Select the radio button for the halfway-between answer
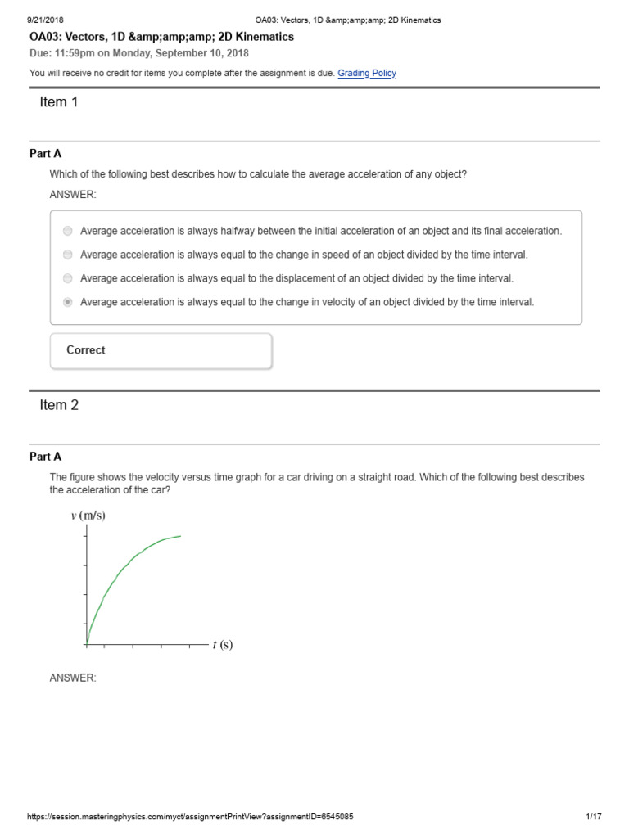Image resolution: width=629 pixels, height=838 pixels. coord(67,231)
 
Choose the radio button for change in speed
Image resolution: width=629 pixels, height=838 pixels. coord(67,255)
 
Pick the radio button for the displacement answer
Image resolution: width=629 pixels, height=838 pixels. coord(67,278)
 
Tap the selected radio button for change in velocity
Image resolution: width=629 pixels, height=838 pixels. coord(67,302)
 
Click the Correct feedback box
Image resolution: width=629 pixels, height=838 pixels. coord(161,350)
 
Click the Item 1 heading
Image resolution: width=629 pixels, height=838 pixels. coord(59,102)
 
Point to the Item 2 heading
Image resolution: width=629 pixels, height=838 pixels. coord(59,405)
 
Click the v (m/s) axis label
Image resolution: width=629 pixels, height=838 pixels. coord(88,516)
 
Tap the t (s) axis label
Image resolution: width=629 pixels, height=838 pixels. coord(223,645)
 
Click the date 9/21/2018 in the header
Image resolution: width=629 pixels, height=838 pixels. coord(46,20)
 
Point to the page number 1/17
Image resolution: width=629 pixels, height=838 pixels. coord(594,817)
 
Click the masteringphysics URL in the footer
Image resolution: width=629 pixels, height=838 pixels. coord(190,817)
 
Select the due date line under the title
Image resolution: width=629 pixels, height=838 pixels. coord(139,53)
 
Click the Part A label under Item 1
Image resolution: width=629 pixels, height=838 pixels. coord(45,153)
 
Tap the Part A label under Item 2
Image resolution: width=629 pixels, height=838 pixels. coord(45,457)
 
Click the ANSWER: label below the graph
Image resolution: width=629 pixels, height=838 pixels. coord(73,678)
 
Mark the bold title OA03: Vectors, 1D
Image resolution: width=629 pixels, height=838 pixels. coord(161,37)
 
